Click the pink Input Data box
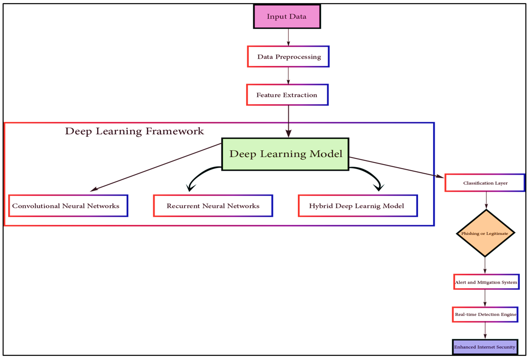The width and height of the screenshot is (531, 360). pyautogui.click(x=287, y=17)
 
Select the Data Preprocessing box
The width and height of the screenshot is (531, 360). pyautogui.click(x=288, y=57)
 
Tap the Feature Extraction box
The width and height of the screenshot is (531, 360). pyautogui.click(x=287, y=95)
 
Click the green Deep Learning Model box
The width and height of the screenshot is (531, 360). pyautogui.click(x=285, y=154)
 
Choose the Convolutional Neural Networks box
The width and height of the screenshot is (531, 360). pyautogui.click(x=68, y=206)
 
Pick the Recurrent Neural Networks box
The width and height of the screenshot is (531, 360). pyautogui.click(x=213, y=206)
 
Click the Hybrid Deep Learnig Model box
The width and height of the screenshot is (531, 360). pyautogui.click(x=357, y=206)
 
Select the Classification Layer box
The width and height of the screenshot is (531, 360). pyautogui.click(x=485, y=183)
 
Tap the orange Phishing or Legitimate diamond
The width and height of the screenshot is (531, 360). pyautogui.click(x=485, y=233)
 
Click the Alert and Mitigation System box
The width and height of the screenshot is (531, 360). pyautogui.click(x=486, y=282)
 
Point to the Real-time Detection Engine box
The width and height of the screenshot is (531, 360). pyautogui.click(x=485, y=314)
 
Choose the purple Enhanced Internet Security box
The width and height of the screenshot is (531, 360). pyautogui.click(x=485, y=347)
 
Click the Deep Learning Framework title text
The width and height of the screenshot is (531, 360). pyautogui.click(x=134, y=132)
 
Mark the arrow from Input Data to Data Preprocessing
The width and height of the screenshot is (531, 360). pyautogui.click(x=288, y=37)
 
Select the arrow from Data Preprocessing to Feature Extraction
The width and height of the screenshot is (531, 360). pyautogui.click(x=288, y=75)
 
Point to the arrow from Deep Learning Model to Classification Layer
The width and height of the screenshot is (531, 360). pyautogui.click(x=395, y=168)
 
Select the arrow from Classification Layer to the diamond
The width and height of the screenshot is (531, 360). pyautogui.click(x=486, y=200)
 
